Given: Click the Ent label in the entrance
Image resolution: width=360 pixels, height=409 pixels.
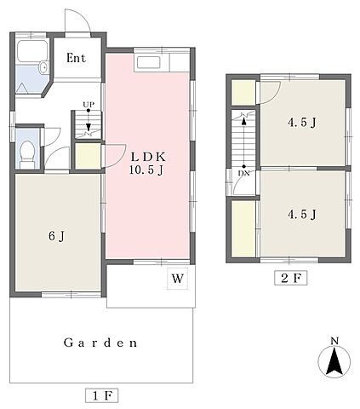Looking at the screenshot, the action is point(76,58).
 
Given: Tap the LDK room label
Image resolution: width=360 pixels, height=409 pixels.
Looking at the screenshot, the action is point(148,157).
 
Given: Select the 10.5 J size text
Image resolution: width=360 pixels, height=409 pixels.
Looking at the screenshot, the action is point(146,170).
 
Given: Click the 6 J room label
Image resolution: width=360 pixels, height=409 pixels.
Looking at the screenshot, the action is point(57,236).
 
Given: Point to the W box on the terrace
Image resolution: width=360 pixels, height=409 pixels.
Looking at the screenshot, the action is point(178,279).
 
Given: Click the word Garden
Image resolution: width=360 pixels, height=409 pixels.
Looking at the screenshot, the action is point(100,343).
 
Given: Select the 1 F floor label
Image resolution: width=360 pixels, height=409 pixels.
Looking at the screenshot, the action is point(101,395).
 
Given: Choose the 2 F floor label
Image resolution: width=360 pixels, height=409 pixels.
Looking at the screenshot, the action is point(290,278).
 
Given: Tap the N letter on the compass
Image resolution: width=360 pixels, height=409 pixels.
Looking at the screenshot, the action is point(334,341).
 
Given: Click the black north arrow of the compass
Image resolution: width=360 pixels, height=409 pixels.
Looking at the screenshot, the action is point(334,362).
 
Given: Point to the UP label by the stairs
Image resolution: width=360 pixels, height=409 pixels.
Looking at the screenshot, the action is point(89,105).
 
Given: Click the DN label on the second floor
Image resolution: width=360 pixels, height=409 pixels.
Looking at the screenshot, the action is point(243,173).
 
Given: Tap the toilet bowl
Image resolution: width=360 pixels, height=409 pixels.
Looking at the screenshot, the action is point(27,151).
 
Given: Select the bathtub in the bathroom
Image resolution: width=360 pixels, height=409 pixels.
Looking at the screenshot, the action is point(32,51).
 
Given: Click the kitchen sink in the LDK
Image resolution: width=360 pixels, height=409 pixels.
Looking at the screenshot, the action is point(149,62).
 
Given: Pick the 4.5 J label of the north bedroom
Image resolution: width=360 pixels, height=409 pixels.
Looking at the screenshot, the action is point(301,123).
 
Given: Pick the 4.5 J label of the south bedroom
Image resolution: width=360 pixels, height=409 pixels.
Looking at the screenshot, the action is point(301,215).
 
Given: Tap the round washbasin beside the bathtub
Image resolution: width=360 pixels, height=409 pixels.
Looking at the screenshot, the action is point(43,67).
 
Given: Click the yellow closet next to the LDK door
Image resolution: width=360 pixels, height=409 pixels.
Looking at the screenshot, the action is point(88,156).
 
